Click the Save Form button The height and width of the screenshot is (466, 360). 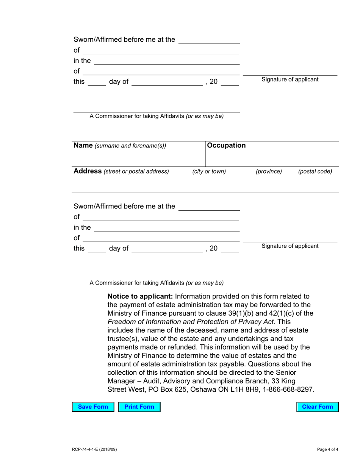point(93,407)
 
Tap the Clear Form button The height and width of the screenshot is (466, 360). point(317,407)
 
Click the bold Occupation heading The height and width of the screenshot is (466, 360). point(226,145)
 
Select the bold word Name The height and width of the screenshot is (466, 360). point(83,145)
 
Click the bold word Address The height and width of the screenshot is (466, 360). point(88,171)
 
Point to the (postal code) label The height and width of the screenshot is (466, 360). point(315,172)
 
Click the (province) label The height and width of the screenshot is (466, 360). point(269,172)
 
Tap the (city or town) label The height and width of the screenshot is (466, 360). point(209,172)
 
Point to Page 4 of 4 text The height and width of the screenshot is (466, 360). point(327,450)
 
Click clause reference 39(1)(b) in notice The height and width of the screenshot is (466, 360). point(244,313)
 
